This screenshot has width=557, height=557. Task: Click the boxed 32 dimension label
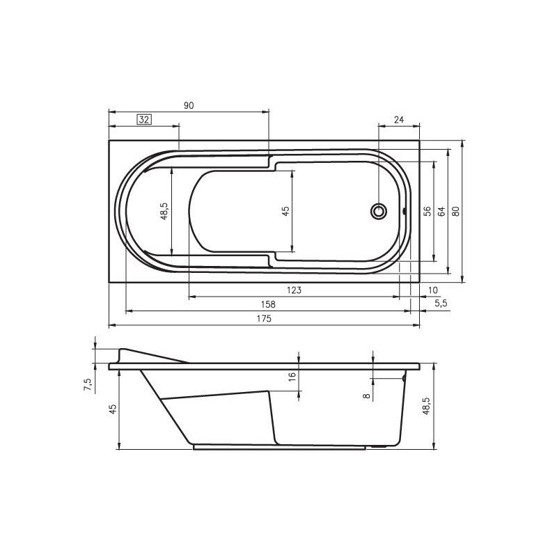coord(144,120)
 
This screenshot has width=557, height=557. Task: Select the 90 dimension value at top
coord(189,106)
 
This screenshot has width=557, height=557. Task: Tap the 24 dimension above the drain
coord(399,120)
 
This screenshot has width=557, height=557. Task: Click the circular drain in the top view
coord(379,211)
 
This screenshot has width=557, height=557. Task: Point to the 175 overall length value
coord(264,319)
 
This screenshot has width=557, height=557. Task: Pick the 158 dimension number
coord(268,304)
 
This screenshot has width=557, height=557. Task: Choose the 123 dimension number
coord(294,290)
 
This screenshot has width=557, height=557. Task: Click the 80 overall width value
coord(457,212)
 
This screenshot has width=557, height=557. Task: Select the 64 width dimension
coord(441,212)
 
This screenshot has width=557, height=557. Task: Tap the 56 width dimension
coord(427,212)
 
